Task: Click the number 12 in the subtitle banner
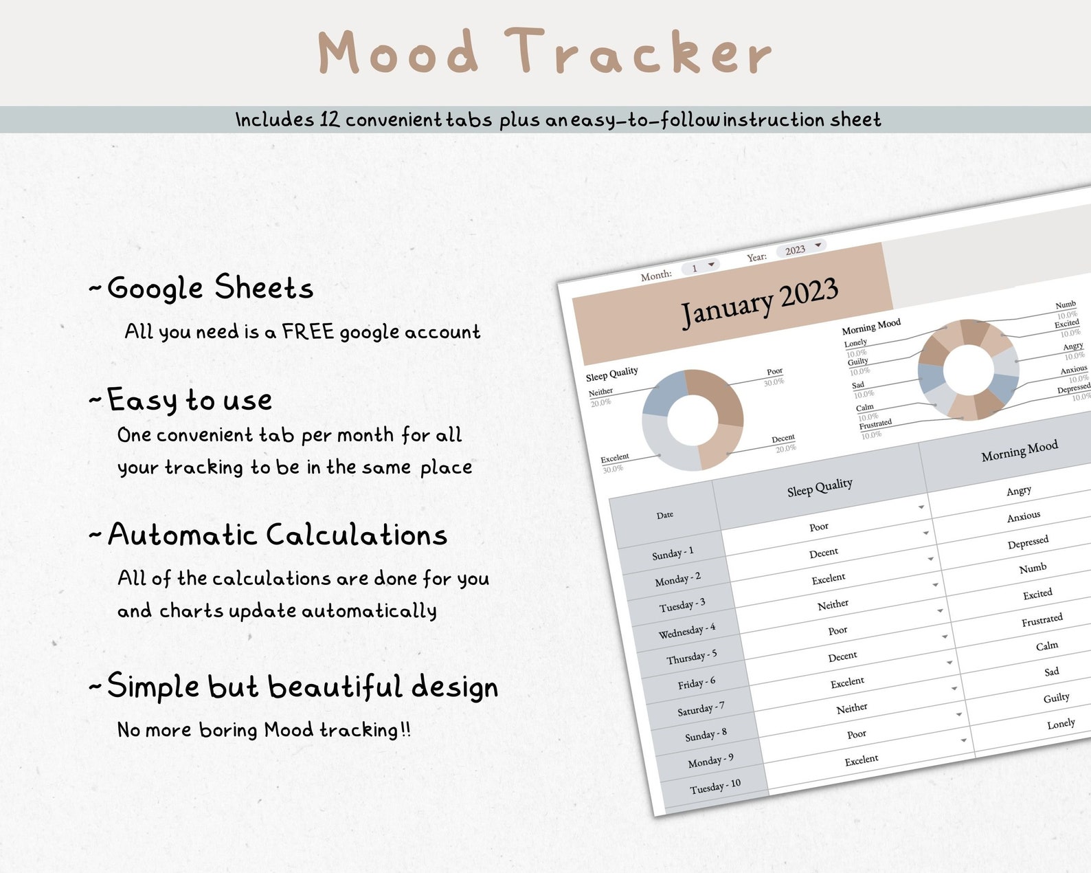click(329, 120)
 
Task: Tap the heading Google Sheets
click(210, 287)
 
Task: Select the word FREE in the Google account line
click(308, 331)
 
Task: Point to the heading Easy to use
click(190, 400)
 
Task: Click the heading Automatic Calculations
click(278, 535)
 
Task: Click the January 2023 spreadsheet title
click(759, 302)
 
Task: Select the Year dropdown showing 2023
click(801, 249)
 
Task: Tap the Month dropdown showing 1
click(700, 267)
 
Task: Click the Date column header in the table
click(664, 515)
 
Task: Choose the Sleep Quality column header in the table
click(820, 487)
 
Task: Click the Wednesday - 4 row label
click(686, 631)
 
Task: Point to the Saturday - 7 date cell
click(701, 709)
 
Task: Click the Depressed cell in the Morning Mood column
click(1028, 542)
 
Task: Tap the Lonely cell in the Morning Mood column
click(1061, 724)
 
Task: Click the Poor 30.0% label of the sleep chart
click(774, 376)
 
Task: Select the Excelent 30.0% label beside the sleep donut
click(614, 463)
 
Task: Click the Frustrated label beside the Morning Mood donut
click(875, 423)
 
